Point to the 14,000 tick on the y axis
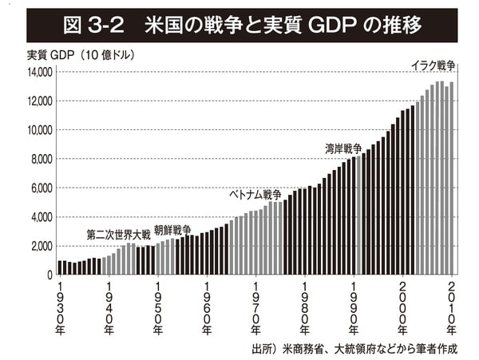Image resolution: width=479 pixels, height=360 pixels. tap(38, 72)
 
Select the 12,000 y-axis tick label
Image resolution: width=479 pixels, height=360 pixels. tap(38, 101)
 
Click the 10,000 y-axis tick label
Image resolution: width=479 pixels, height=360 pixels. tap(38, 129)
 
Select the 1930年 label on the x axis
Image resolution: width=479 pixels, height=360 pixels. tap(60, 307)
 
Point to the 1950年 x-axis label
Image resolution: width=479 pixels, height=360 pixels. tap(158, 307)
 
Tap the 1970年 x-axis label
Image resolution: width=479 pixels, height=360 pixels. tap(255, 307)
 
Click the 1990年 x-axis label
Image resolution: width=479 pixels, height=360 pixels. tap(353, 307)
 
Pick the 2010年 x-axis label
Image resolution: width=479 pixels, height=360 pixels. tap(451, 307)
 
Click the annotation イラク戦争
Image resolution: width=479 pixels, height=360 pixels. tap(432, 64)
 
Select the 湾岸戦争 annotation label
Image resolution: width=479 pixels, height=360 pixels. tap(343, 148)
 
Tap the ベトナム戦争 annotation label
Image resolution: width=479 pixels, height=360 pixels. tap(255, 195)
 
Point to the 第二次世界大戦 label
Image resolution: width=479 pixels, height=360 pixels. tap(118, 235)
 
